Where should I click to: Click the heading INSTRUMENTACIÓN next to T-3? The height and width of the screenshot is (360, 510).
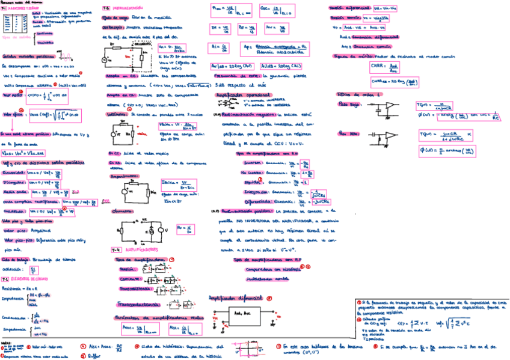(x=130, y=8)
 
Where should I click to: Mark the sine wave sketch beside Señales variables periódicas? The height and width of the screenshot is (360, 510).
(x=64, y=56)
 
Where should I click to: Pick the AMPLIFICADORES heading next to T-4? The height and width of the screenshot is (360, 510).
(x=142, y=249)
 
